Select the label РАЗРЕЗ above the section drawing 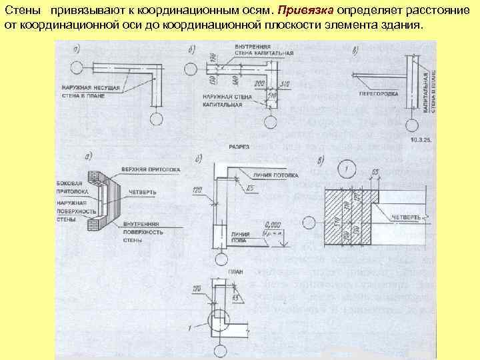[239, 145]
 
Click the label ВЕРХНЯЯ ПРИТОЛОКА [151, 170]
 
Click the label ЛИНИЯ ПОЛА [241, 237]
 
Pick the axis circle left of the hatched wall [310, 223]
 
